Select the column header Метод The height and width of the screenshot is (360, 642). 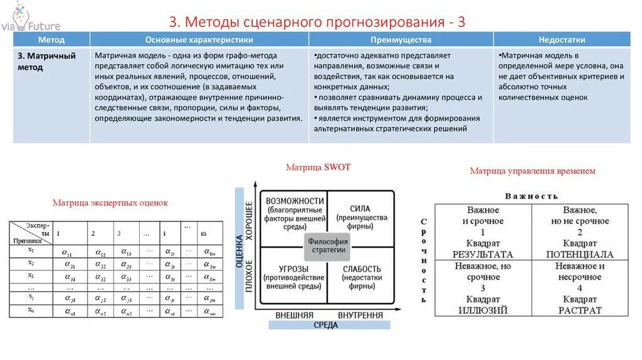[x=51, y=40]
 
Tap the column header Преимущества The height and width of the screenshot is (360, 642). [x=400, y=40]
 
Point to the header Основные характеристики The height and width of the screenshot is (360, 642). [x=199, y=40]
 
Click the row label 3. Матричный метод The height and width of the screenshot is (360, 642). [x=46, y=61]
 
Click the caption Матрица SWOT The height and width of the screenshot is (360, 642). [x=318, y=167]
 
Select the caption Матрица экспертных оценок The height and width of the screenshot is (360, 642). [x=110, y=203]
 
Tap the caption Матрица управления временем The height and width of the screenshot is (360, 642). [x=532, y=171]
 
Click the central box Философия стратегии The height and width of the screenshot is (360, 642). [x=327, y=245]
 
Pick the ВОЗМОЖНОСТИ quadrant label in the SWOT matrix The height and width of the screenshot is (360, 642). [x=295, y=200]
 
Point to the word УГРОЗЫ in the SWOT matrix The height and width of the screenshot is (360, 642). [x=293, y=268]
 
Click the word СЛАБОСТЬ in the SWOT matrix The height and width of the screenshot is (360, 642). [x=361, y=269]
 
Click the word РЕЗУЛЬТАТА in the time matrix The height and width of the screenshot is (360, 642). [x=483, y=255]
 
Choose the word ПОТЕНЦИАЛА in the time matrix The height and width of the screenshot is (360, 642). [x=579, y=255]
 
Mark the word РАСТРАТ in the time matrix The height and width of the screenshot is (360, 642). [x=579, y=310]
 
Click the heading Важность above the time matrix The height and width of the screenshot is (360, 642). [x=531, y=196]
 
